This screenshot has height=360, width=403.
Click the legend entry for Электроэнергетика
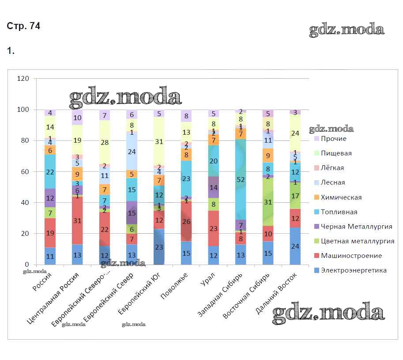[x=354, y=270]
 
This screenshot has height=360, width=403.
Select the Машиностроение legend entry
[x=351, y=256]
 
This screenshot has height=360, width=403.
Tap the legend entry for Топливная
[x=339, y=212]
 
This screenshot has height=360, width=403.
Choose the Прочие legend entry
[x=334, y=139]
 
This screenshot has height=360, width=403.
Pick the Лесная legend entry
[x=333, y=182]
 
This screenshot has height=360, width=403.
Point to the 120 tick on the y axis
[x=23, y=79]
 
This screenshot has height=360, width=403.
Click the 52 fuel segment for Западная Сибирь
[x=241, y=179]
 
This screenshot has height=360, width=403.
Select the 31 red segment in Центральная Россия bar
[x=77, y=220]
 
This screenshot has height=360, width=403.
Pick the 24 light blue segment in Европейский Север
[x=132, y=151]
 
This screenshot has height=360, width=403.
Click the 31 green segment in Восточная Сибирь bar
[x=267, y=202]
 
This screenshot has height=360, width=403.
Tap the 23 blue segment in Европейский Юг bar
[x=159, y=247]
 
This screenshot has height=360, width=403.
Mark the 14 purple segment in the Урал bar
[x=214, y=187]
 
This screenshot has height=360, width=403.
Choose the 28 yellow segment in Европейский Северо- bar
[x=105, y=142]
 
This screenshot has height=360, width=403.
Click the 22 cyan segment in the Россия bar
[x=50, y=172]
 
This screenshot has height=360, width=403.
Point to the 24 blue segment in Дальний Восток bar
[x=295, y=246]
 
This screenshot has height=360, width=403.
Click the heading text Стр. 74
[x=24, y=27]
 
